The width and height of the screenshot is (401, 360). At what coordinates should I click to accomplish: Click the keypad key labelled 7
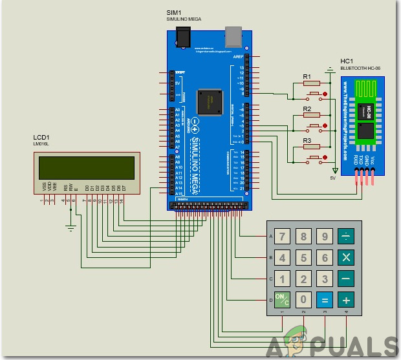[x=281, y=237]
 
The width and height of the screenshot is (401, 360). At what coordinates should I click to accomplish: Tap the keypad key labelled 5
[x=303, y=258]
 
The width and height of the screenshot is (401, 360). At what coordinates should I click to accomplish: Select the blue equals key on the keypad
[x=324, y=300]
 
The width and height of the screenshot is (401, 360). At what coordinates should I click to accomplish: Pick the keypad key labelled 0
[x=303, y=300]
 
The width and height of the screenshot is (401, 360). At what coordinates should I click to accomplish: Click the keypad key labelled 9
[x=324, y=237]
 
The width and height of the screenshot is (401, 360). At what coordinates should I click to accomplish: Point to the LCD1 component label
[x=42, y=138]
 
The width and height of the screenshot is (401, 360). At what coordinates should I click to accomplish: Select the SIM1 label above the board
[x=174, y=13]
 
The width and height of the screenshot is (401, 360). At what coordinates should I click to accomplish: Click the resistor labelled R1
[x=311, y=83]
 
